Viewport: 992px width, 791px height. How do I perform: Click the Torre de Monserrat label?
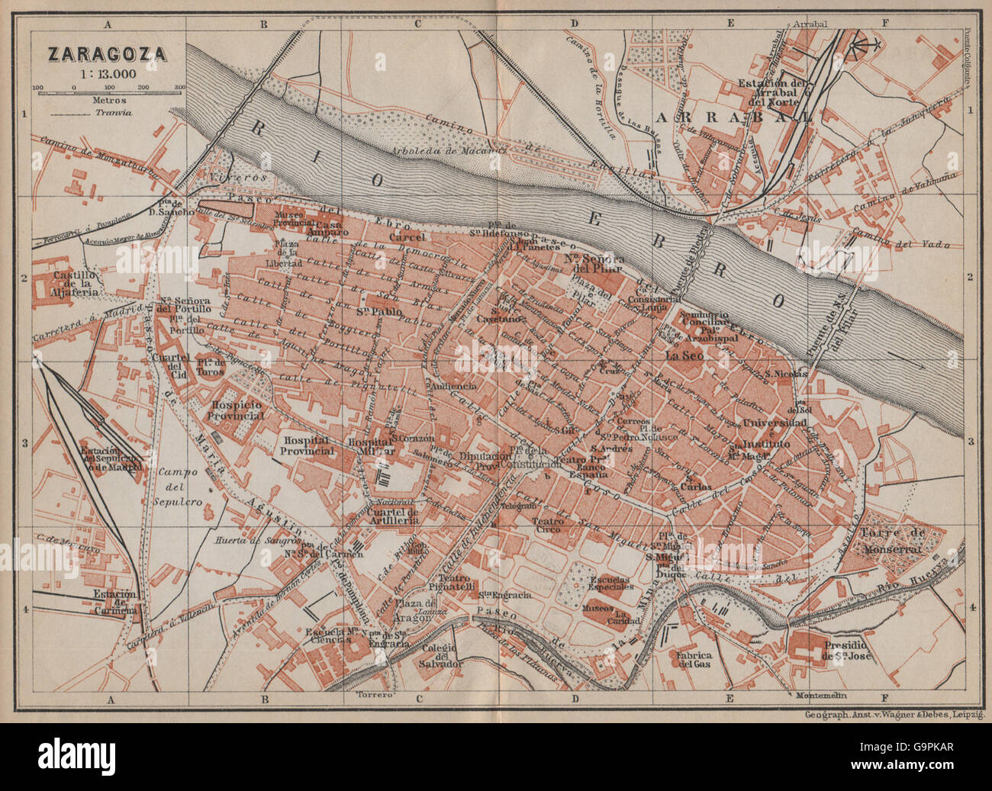(x=892, y=540)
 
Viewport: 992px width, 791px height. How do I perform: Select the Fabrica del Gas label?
(x=694, y=659)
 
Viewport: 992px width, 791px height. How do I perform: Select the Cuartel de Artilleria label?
(x=393, y=516)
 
